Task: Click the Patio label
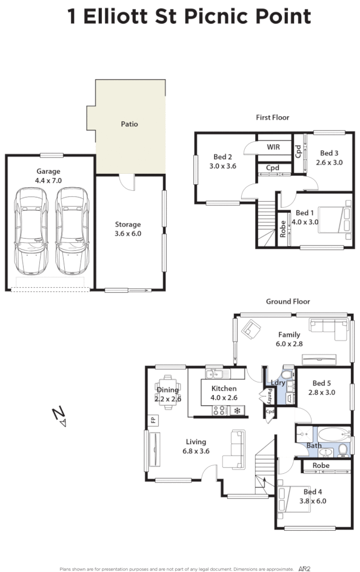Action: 129,124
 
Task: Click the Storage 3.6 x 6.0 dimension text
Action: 128,233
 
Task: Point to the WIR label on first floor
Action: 273,147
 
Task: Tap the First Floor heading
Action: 272,118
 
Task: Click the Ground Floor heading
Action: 288,301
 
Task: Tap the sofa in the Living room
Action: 234,449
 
